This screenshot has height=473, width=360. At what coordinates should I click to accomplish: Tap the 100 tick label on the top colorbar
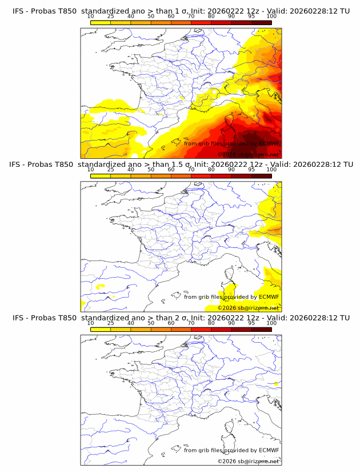pyautogui.click(x=271, y=17)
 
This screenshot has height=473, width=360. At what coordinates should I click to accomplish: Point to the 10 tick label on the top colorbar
pyautogui.click(x=90, y=17)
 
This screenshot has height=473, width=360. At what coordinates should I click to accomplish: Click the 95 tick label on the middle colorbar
pyautogui.click(x=251, y=170)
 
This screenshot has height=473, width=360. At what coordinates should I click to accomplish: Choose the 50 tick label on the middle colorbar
pyautogui.click(x=151, y=170)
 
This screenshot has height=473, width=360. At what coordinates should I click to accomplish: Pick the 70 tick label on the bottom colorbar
pyautogui.click(x=191, y=323)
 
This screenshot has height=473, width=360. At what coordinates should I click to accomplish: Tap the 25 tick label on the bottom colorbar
pyautogui.click(x=110, y=323)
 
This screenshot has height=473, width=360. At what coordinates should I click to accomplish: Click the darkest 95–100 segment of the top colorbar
pyautogui.click(x=261, y=22)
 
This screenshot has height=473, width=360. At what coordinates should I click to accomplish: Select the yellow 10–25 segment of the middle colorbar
pyautogui.click(x=100, y=176)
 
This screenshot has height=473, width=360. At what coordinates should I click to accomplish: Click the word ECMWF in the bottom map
pyautogui.click(x=269, y=450)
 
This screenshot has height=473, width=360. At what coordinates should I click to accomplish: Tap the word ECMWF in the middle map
pyautogui.click(x=269, y=296)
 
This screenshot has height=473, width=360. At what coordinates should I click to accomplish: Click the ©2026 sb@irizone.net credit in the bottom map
pyautogui.click(x=248, y=461)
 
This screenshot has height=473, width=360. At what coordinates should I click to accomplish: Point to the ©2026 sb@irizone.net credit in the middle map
pyautogui.click(x=248, y=307)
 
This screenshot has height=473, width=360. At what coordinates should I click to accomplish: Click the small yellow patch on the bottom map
pyautogui.click(x=276, y=383)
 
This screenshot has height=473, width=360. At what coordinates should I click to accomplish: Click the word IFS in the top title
pyautogui.click(x=18, y=11)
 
